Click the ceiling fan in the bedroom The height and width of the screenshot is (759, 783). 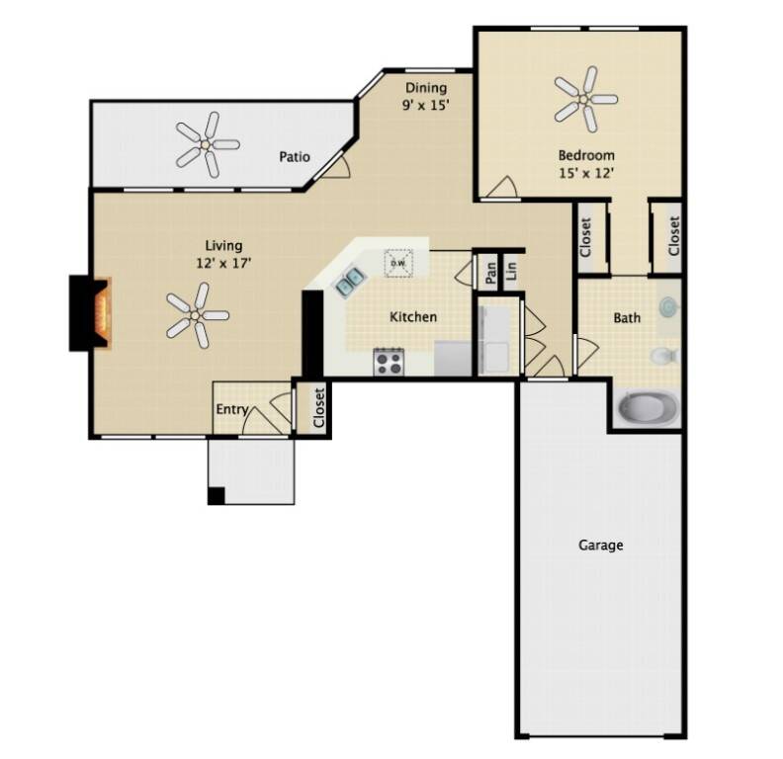(585, 100)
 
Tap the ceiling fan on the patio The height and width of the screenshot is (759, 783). (207, 145)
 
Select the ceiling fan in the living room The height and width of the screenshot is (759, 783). (197, 315)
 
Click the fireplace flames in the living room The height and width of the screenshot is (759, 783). (103, 313)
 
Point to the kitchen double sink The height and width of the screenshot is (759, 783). (349, 281)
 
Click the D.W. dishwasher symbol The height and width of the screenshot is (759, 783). (398, 263)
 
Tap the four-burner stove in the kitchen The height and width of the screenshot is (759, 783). (389, 362)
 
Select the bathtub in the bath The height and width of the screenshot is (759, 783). (648, 407)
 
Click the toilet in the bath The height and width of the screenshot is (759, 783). (663, 356)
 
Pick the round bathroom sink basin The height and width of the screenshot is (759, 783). (667, 306)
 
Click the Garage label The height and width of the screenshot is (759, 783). (601, 545)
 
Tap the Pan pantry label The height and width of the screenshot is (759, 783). (491, 273)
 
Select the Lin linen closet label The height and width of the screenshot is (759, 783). (510, 271)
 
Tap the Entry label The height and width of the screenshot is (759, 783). (232, 410)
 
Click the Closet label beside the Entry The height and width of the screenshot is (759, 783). (318, 408)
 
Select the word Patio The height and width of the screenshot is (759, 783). (295, 157)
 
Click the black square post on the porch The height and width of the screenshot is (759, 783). (217, 495)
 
